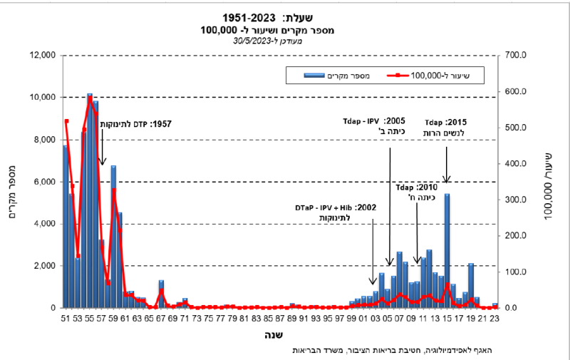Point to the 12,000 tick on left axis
41,56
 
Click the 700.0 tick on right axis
514,56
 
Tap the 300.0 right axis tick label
514,199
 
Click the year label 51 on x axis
66,318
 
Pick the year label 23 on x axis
494,318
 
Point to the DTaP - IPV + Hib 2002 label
335,212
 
